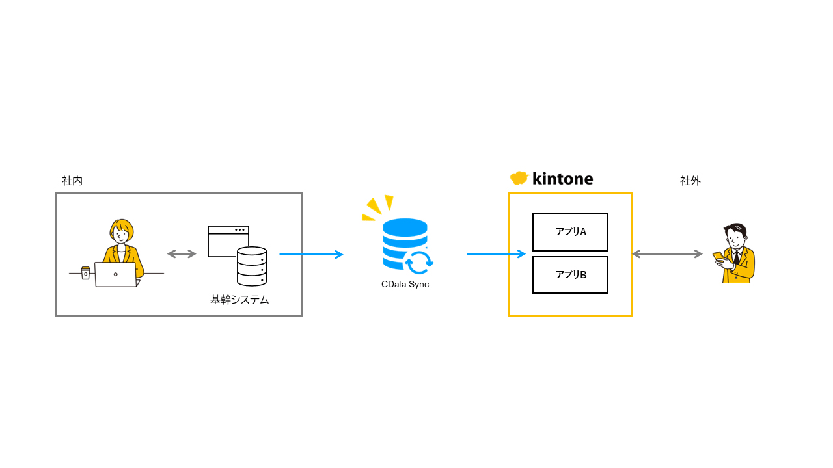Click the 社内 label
click(72, 181)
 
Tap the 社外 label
click(690, 181)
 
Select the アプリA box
click(569, 232)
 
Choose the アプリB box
click(569, 274)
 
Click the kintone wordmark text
click(562, 179)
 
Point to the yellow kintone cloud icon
click(519, 178)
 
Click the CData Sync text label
click(405, 284)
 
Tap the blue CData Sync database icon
click(405, 245)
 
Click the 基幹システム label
click(239, 300)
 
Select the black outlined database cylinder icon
click(252, 266)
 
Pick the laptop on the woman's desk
click(116, 274)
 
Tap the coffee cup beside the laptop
click(85, 272)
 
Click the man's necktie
click(736, 257)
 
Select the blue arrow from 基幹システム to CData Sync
click(311, 254)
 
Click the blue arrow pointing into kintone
click(496, 253)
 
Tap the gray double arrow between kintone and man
click(667, 253)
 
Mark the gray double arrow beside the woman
click(182, 253)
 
